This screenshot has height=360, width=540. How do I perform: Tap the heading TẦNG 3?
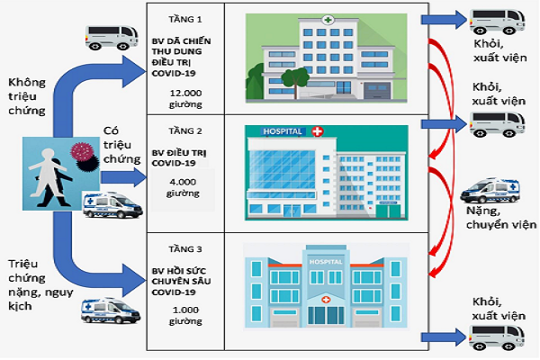click(175, 247)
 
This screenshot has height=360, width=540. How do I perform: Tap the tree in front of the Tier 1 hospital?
click(291, 82)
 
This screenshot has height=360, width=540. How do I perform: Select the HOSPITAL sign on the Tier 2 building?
click(282, 131)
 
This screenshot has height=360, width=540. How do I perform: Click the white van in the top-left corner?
click(112, 36)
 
